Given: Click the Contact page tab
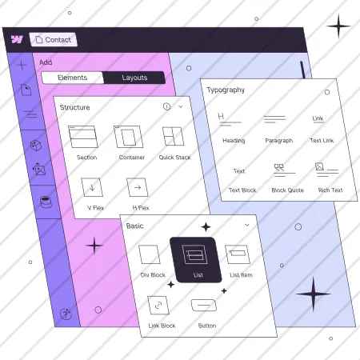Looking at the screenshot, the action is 54,40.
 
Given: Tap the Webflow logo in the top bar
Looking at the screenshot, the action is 17,39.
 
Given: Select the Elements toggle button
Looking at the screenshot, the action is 73,78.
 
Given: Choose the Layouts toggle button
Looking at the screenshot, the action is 134,78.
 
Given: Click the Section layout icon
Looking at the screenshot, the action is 83,137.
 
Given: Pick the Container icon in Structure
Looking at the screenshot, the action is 129,137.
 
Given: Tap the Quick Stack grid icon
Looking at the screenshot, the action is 174,136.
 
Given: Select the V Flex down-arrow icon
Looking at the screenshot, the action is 92,187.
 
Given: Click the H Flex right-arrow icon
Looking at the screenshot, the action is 138,187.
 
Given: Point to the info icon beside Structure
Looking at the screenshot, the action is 166,106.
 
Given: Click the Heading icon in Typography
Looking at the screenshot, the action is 229,119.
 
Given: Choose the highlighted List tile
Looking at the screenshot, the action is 196,259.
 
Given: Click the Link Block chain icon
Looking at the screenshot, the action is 158,305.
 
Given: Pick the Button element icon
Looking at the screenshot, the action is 204,305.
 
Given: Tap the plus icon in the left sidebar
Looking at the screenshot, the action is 22,65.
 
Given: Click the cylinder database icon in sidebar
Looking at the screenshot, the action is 46,202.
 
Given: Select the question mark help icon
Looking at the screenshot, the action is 66,314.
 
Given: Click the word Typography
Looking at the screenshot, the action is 226,90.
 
